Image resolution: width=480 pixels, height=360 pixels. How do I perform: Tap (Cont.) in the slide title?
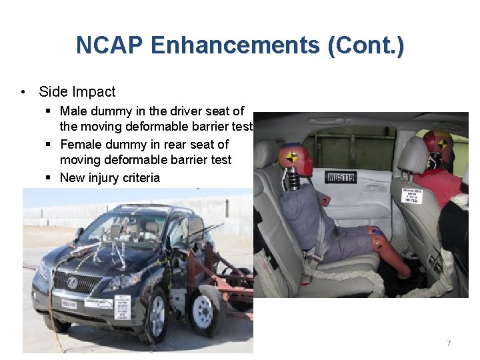pos(365,45)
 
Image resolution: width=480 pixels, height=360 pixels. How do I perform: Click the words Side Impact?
pos(77,92)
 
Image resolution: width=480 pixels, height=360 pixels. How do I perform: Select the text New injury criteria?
pos(110,177)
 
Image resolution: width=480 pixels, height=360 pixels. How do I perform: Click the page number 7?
pos(449,343)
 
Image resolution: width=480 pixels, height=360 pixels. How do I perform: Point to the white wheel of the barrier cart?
pos(203,310)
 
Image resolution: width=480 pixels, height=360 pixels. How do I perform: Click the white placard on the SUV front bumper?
pos(123,307)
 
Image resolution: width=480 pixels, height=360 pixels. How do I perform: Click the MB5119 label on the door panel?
pos(341,177)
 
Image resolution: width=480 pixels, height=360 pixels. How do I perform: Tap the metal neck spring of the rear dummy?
pos(294,181)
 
